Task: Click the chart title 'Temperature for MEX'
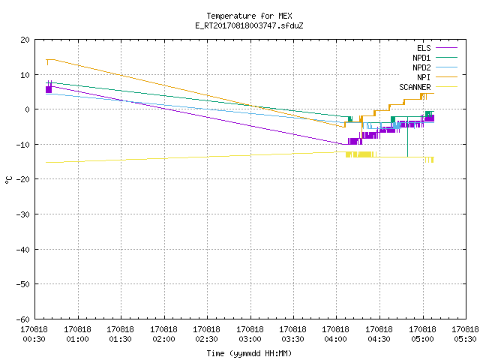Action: click(x=249, y=16)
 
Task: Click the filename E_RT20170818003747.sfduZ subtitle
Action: click(x=249, y=25)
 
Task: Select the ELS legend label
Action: click(x=424, y=48)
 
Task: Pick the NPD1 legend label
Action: click(x=421, y=58)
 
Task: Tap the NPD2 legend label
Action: click(x=421, y=67)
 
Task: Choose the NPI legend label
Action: click(x=424, y=77)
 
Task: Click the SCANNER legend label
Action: click(x=415, y=87)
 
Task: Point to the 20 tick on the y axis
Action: click(x=25, y=40)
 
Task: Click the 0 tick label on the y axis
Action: click(x=28, y=109)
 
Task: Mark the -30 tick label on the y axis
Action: click(x=23, y=214)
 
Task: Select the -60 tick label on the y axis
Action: click(x=23, y=319)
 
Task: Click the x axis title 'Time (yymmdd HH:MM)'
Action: click(x=249, y=353)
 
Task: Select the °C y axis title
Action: click(x=8, y=180)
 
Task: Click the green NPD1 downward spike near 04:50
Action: click(x=407, y=136)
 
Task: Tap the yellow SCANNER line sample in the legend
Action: click(x=447, y=87)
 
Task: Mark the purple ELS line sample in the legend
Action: click(x=447, y=48)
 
